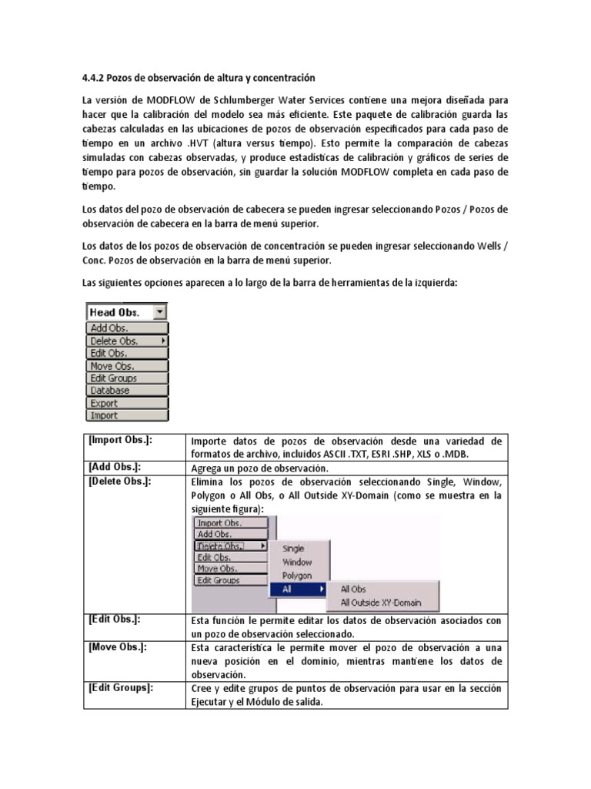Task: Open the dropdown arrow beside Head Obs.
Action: [159, 312]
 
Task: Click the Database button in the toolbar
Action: [110, 391]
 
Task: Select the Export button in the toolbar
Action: [105, 403]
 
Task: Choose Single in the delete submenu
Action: [293, 549]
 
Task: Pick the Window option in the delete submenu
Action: [297, 562]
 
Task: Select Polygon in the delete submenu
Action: [297, 576]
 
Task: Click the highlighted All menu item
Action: [287, 589]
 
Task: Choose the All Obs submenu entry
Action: [353, 589]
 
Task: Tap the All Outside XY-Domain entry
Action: [381, 603]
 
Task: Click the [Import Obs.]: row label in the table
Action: [120, 440]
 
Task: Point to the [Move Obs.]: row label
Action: [118, 646]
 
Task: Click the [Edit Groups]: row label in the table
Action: [121, 687]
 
